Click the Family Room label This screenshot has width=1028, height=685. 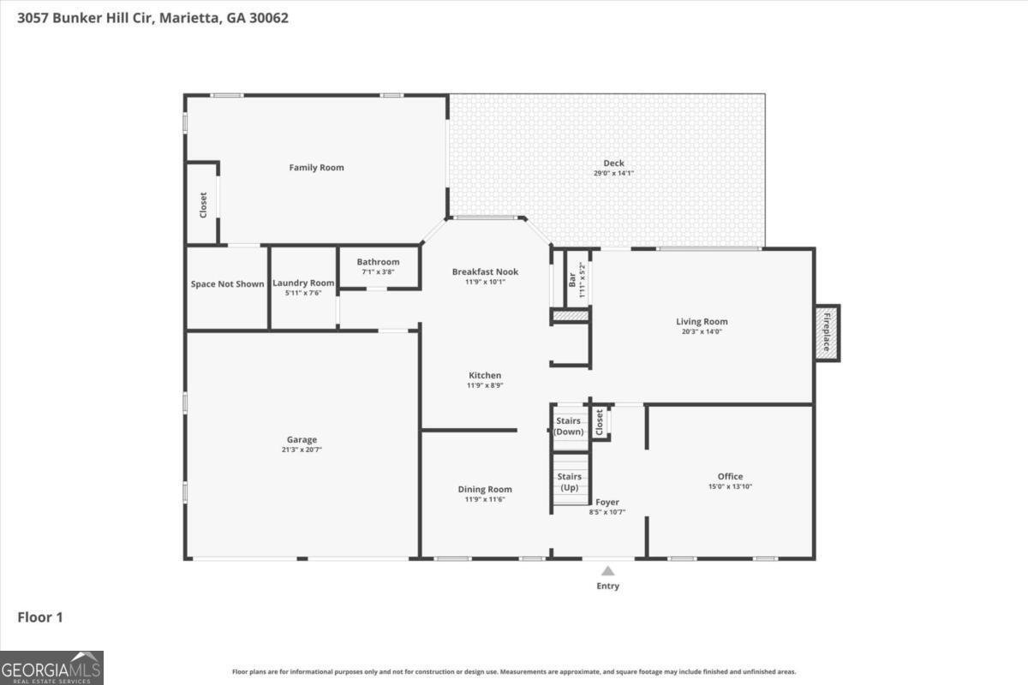316,168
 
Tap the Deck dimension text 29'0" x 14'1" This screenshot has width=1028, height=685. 613,173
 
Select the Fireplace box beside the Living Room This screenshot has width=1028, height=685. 828,333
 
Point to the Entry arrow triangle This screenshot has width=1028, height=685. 607,571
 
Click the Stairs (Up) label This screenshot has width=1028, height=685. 570,482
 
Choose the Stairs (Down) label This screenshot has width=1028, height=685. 569,426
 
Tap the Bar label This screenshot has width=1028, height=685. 572,279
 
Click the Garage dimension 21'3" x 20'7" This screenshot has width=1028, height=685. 302,450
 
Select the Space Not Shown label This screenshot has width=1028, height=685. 227,284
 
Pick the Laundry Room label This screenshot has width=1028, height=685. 303,283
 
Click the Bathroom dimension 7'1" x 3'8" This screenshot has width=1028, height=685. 378,271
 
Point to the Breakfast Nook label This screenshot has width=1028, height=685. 485,271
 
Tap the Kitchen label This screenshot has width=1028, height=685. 485,375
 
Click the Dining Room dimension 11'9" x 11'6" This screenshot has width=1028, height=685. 485,499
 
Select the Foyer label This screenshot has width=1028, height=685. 607,502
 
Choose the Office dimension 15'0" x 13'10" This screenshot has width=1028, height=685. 730,486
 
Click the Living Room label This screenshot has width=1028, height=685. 702,322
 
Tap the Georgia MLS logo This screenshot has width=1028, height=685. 51,668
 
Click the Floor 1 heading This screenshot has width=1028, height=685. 40,617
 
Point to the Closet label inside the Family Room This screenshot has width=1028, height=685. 203,205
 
